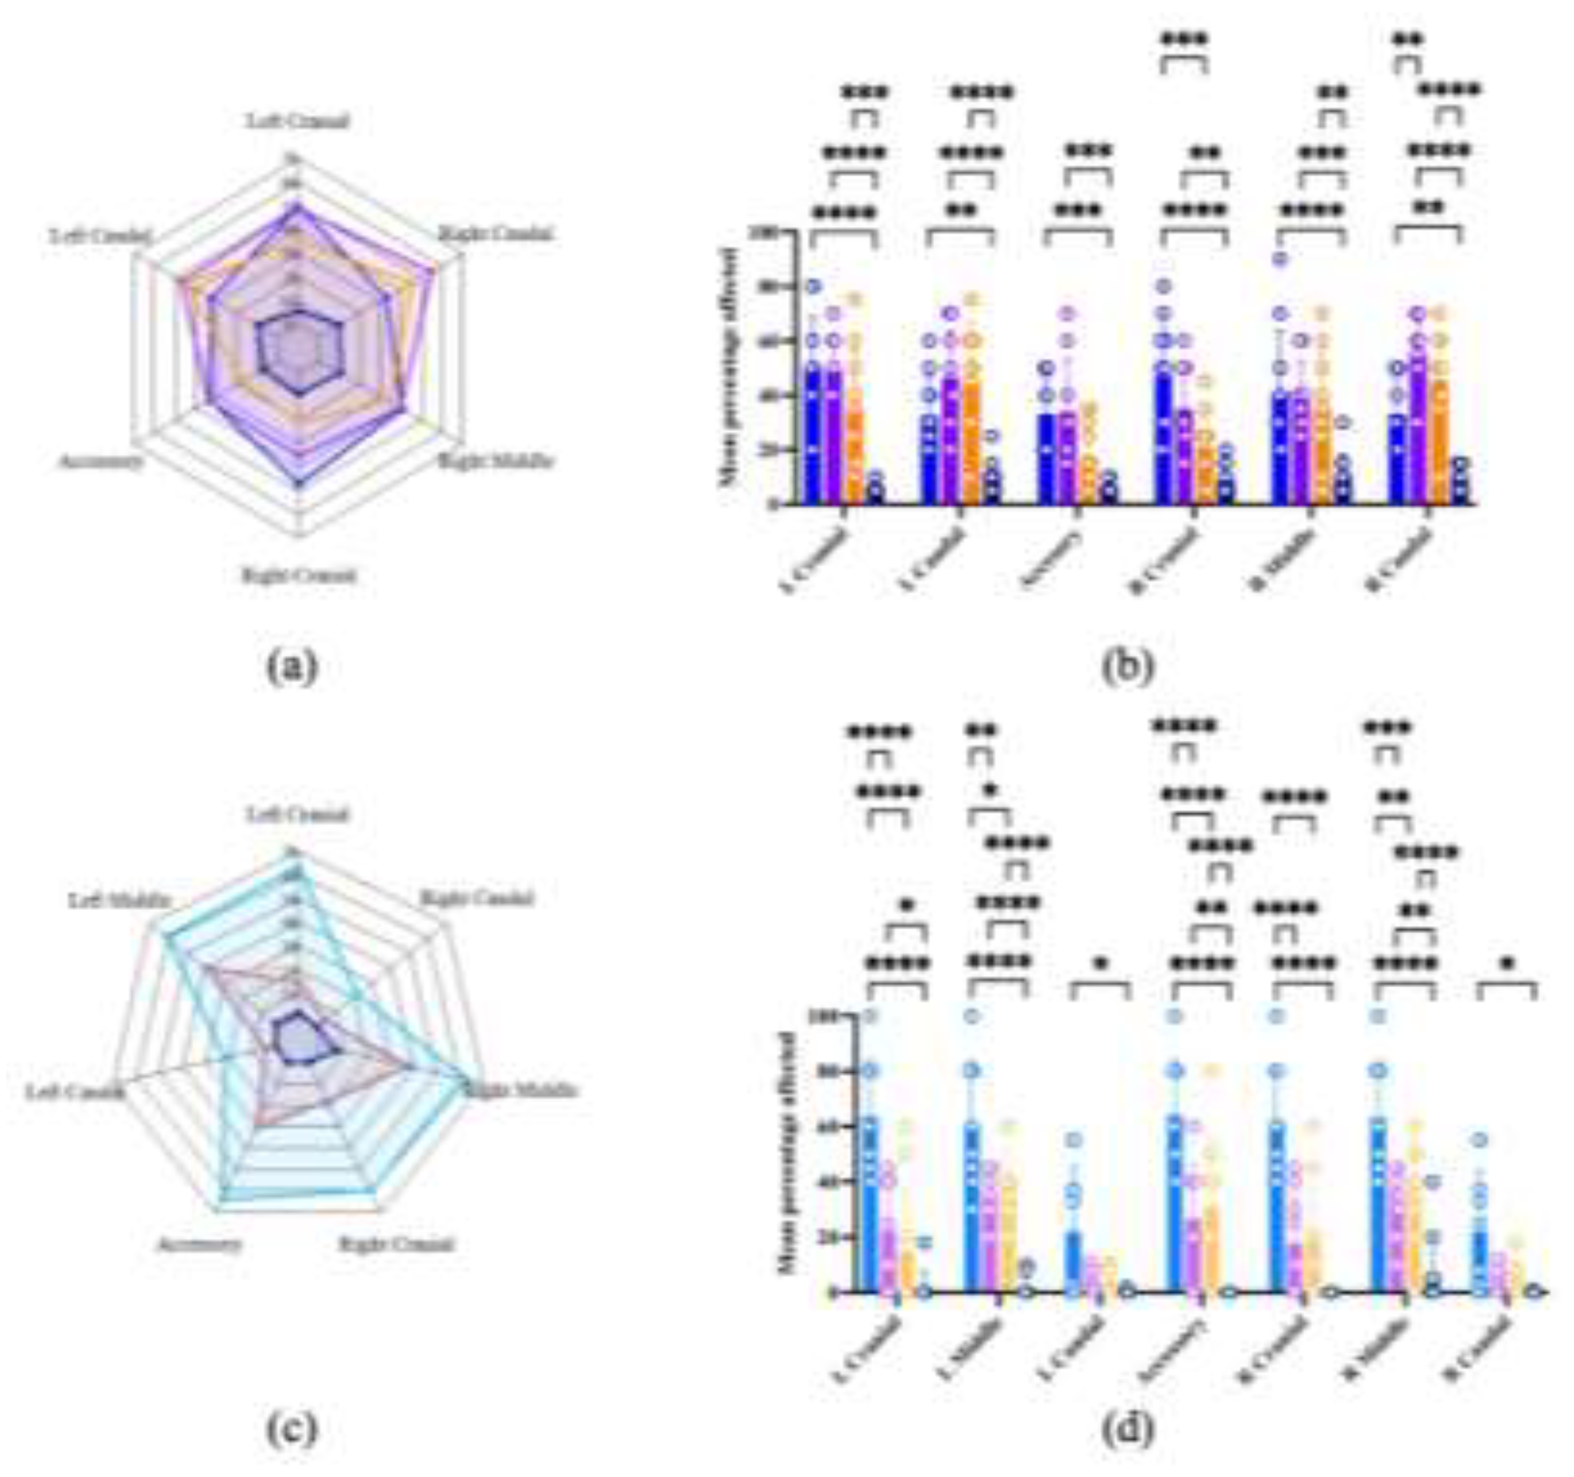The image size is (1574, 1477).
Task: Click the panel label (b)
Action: (x=1127, y=667)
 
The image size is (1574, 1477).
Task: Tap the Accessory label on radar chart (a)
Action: (x=102, y=461)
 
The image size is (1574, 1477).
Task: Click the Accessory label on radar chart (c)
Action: (x=198, y=1245)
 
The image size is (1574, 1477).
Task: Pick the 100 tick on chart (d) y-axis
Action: (x=826, y=1016)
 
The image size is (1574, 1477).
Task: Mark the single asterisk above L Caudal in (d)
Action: (x=1100, y=964)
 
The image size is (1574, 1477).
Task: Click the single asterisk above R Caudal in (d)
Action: (x=1507, y=964)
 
